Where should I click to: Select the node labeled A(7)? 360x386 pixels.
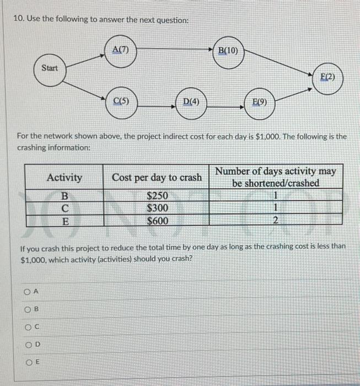point(120,51)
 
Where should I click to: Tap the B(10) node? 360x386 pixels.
point(228,53)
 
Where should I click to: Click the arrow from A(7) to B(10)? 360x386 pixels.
point(174,51)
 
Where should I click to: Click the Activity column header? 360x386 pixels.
point(65,178)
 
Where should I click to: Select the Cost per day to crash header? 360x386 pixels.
point(157,178)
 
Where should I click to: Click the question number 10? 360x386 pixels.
point(18,19)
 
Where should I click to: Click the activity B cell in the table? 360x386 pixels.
point(65,196)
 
